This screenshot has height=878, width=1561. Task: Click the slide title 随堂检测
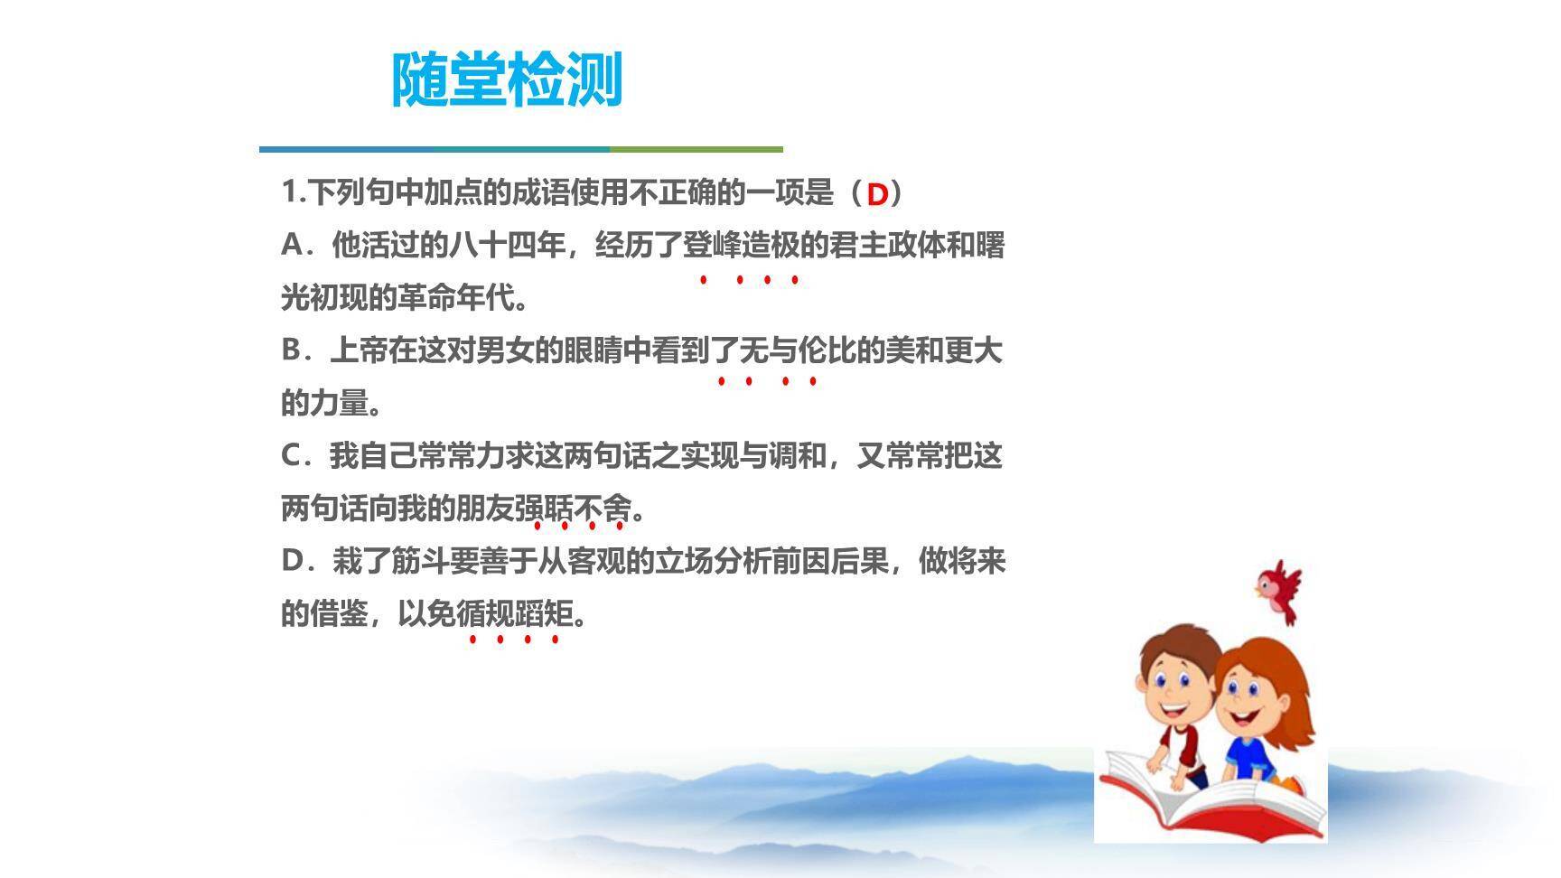click(x=507, y=79)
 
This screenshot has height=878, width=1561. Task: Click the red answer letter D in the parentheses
click(x=877, y=194)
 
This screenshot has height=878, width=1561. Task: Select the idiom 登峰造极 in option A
click(x=740, y=246)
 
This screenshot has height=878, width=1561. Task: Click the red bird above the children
click(x=1279, y=591)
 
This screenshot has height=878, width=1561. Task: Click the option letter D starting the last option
click(x=293, y=561)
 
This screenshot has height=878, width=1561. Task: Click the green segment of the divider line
click(x=696, y=149)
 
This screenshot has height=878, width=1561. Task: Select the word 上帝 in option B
click(x=359, y=350)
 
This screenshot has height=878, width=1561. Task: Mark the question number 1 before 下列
click(x=289, y=192)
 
